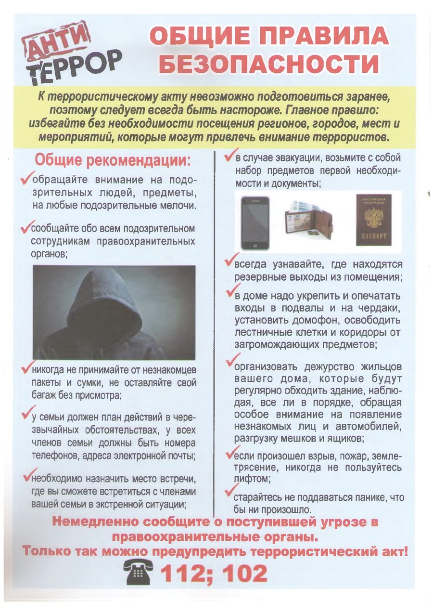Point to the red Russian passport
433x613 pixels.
pos(373,219)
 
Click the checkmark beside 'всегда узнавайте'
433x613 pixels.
pos(229,262)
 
